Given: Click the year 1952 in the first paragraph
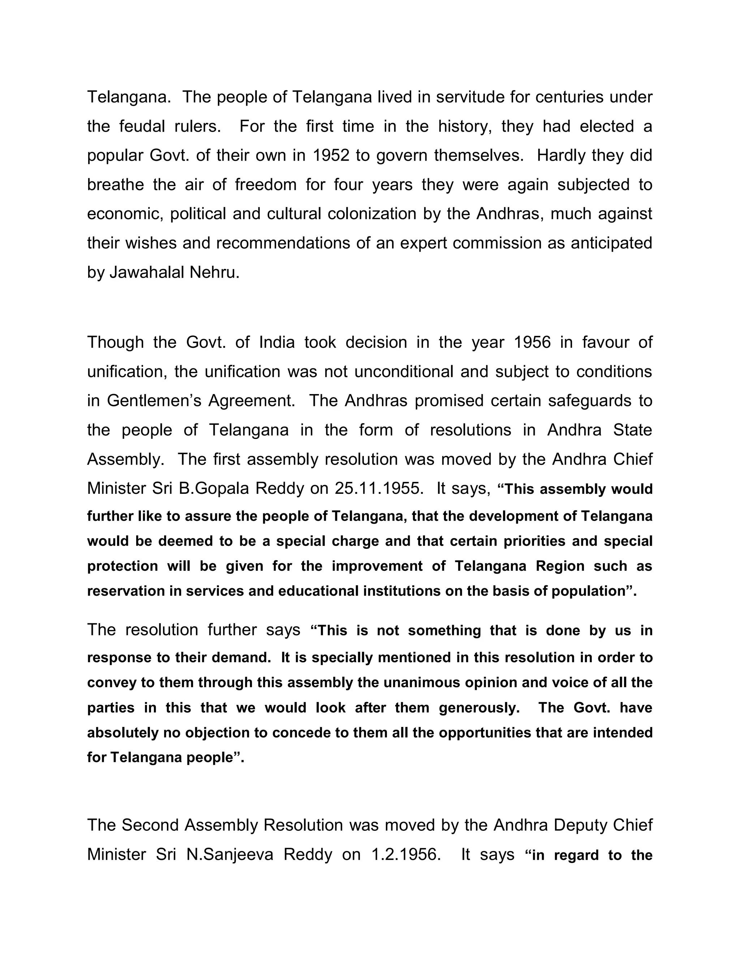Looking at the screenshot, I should (331, 156).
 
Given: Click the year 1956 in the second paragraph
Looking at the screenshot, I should (532, 342).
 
